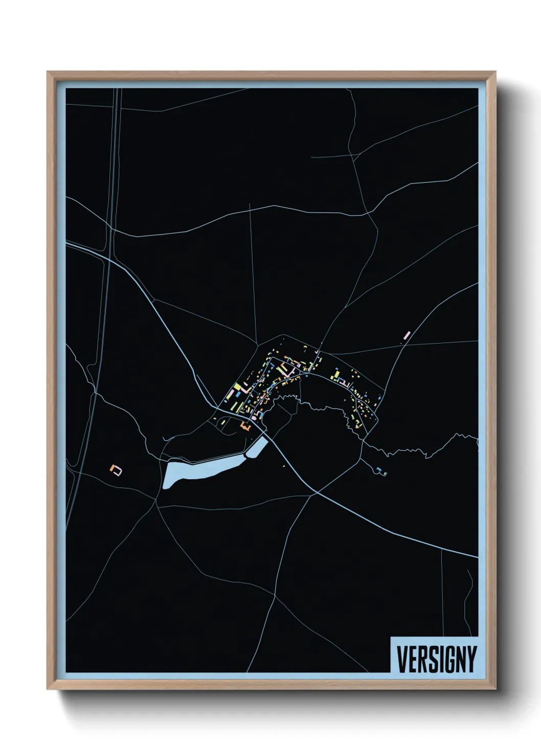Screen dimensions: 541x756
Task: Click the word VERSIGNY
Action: click(436, 659)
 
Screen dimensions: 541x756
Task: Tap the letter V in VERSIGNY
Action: click(401, 659)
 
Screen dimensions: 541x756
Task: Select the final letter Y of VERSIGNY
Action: click(471, 659)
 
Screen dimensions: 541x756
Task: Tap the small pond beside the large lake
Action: click(257, 448)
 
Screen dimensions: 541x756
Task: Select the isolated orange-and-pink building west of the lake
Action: click(117, 469)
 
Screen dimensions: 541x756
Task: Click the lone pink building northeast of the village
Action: click(408, 335)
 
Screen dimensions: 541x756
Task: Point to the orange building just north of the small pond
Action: click(244, 425)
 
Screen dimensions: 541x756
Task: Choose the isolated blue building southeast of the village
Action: click(379, 469)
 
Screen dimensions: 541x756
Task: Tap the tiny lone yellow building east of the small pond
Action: click(284, 466)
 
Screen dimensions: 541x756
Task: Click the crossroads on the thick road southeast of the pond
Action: click(317, 492)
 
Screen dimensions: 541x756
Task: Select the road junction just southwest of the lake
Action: click(156, 502)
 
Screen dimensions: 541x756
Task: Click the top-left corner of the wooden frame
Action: click(48, 72)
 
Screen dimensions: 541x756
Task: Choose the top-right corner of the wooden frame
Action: click(495, 72)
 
